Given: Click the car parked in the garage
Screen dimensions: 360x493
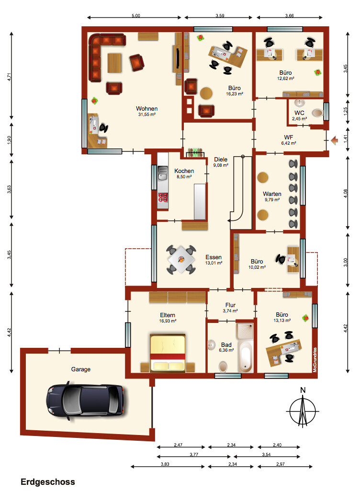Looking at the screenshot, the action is click(85, 401).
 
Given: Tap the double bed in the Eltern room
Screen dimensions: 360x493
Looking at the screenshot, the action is click(168, 353).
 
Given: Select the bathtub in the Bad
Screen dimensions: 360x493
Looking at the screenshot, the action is click(245, 357).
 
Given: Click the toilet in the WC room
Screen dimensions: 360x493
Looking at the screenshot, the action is click(317, 113).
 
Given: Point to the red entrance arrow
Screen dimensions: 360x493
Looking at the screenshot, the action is click(335, 140).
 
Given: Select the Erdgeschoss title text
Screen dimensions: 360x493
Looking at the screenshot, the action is click(48, 482).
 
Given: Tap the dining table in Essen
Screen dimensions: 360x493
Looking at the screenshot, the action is click(181, 260).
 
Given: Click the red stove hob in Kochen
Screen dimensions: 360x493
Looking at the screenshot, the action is click(163, 197).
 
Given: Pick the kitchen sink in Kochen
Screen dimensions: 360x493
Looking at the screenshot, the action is click(163, 173).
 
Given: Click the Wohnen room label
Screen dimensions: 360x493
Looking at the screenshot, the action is click(146, 108).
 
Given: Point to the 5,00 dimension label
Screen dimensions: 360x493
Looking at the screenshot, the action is click(135, 15).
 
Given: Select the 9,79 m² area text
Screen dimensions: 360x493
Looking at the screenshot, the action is click(272, 200).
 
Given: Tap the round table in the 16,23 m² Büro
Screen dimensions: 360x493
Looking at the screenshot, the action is click(206, 93).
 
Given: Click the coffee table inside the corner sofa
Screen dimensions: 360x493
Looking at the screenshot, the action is click(115, 63).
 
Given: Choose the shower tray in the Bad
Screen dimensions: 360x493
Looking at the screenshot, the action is click(245, 331).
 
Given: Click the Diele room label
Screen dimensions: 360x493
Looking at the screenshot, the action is click(221, 160).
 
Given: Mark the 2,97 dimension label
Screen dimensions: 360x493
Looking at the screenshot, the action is click(280, 464).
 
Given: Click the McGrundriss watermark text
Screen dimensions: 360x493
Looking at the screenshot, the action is click(315, 360).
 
